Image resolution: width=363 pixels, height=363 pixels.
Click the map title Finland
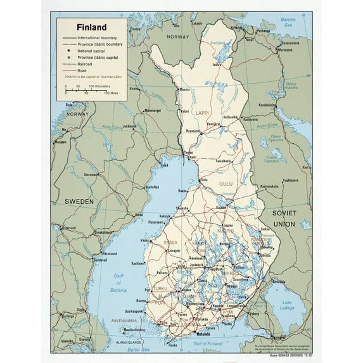tap(91, 28)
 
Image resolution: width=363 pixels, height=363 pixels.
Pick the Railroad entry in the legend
tap(89, 65)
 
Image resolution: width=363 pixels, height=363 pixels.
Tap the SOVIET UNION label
tap(284, 219)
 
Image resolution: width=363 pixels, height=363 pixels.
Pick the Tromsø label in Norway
tap(136, 30)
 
